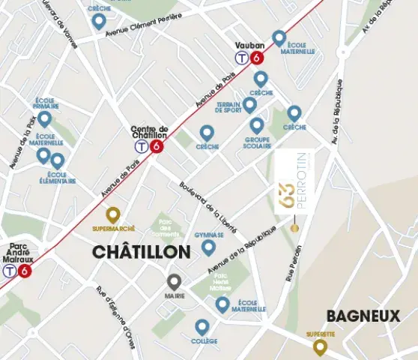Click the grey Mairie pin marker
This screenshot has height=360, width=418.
click(x=174, y=282)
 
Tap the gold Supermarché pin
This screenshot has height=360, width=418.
click(x=112, y=214)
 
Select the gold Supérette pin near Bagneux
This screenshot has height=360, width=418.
click(x=320, y=346)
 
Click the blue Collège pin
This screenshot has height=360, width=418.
click(x=202, y=327)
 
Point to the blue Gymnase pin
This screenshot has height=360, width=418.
click(x=208, y=246)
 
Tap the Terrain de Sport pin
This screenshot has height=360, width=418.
click(x=250, y=104)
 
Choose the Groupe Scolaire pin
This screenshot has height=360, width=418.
click(x=257, y=124)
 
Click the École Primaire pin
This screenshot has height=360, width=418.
click(x=45, y=118)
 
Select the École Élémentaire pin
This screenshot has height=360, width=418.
click(x=58, y=160)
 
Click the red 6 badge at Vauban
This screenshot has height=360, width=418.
click(x=258, y=57)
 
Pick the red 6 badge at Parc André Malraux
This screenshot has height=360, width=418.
click(x=25, y=271)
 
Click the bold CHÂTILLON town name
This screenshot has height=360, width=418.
click(x=141, y=253)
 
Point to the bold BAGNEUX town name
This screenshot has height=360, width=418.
click(x=363, y=316)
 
